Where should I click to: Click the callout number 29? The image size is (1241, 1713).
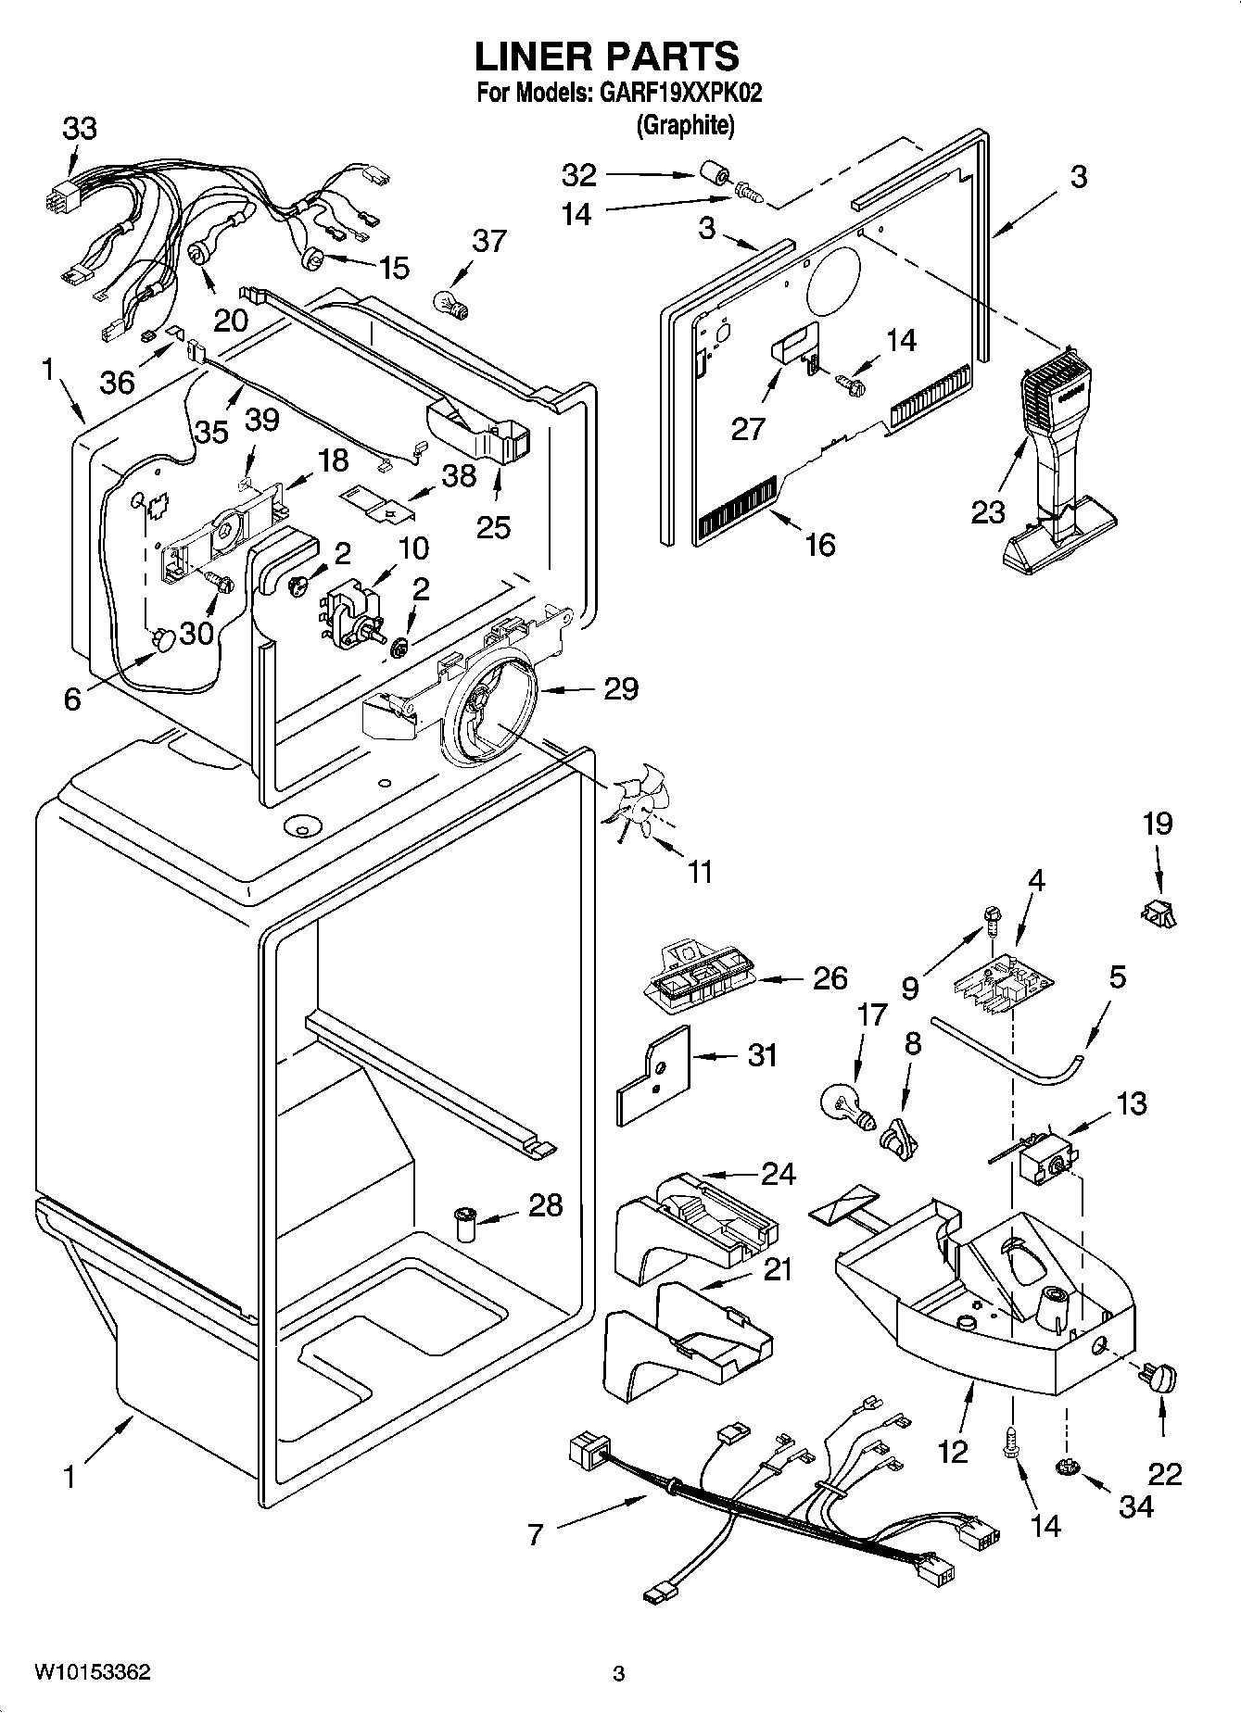click(x=620, y=688)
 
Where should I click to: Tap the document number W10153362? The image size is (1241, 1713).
click(x=92, y=1672)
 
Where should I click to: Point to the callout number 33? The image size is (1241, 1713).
click(x=79, y=128)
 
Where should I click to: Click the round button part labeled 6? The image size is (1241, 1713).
click(x=164, y=638)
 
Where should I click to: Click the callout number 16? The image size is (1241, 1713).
click(x=820, y=545)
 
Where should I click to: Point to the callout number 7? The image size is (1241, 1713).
click(x=535, y=1535)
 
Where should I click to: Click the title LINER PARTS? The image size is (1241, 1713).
click(x=607, y=57)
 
